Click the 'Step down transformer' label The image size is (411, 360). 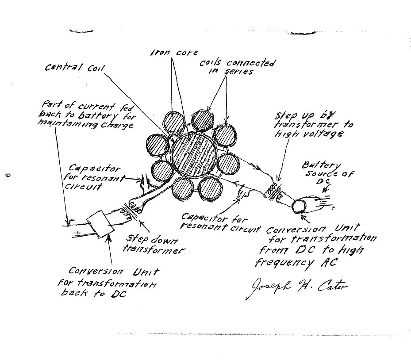tap(153, 245)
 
